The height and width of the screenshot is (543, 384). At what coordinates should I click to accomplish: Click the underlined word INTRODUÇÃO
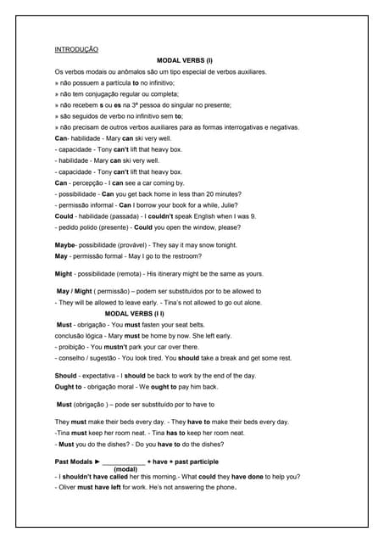[x=76, y=50]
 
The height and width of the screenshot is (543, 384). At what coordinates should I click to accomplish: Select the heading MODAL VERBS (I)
[x=185, y=61]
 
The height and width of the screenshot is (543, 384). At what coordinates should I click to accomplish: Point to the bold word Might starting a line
[x=64, y=274]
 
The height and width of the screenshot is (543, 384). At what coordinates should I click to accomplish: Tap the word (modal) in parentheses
[x=125, y=468]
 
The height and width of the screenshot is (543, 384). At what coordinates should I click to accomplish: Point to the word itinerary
[x=181, y=274]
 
